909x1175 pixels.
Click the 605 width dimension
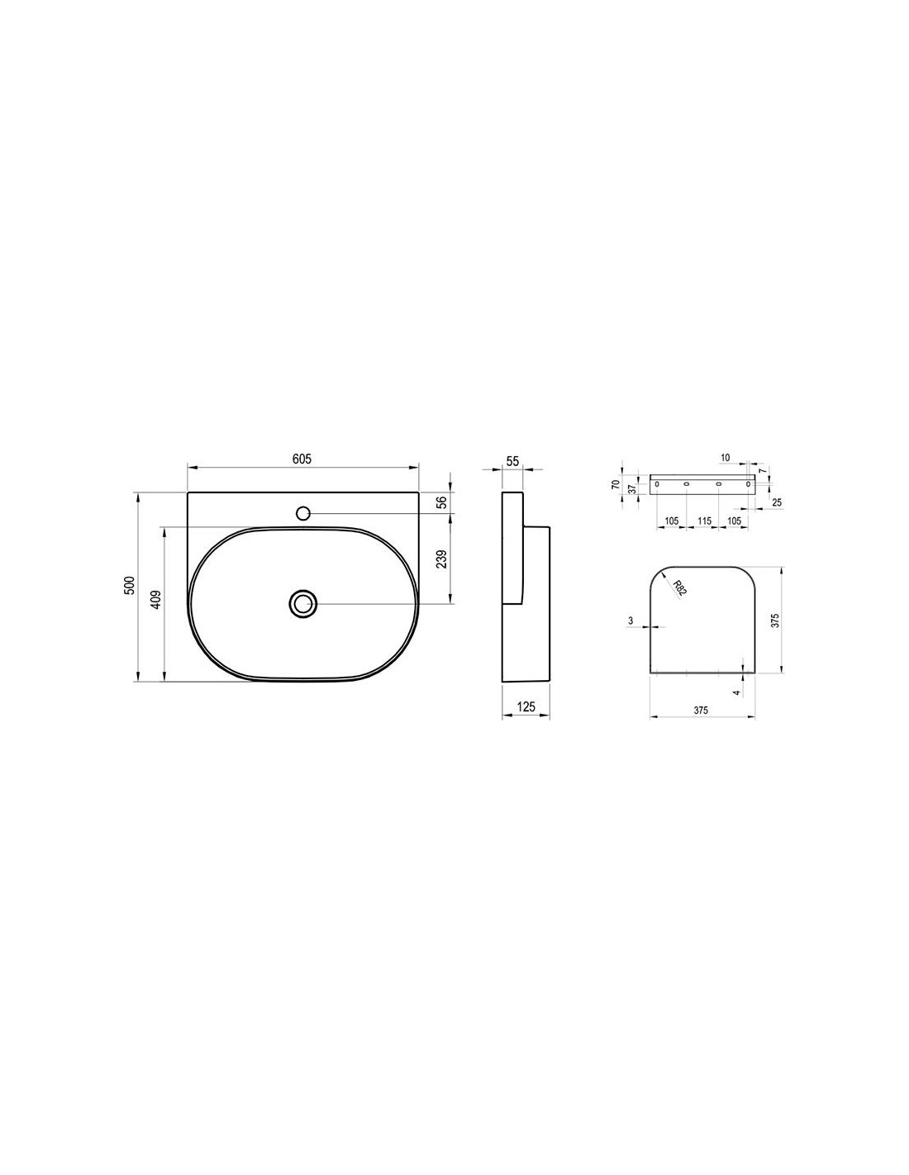(x=302, y=459)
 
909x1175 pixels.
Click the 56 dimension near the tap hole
(x=440, y=502)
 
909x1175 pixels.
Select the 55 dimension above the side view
(x=512, y=461)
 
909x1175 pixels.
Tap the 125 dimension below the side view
(x=526, y=706)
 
